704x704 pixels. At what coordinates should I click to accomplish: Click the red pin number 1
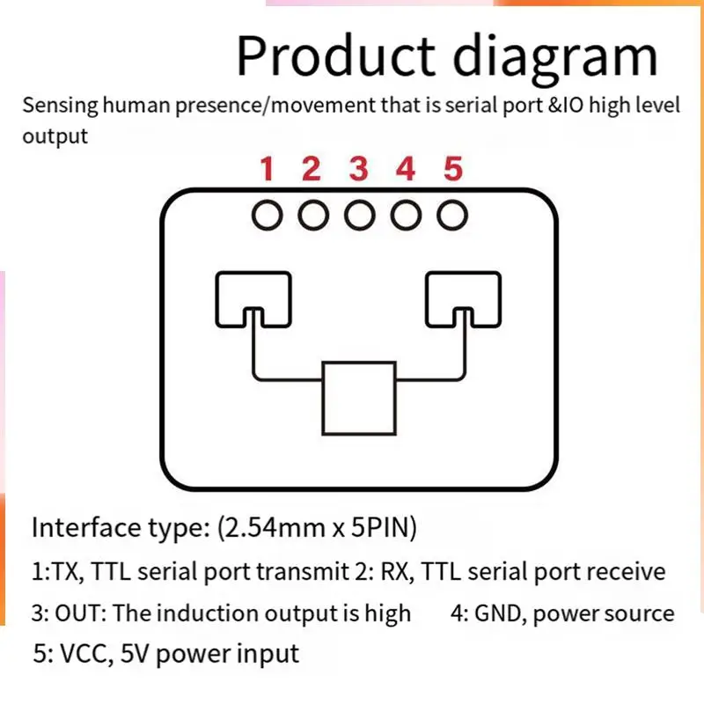268,168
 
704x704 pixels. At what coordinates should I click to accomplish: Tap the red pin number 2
312,168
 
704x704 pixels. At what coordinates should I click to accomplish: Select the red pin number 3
358,168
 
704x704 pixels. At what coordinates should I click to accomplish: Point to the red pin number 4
405,168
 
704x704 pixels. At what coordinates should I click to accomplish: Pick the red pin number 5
452,168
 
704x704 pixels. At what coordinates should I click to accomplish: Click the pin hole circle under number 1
268,215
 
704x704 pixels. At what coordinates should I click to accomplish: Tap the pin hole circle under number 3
359,215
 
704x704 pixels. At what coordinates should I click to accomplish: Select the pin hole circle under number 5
451,215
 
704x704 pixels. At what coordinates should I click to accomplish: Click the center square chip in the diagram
357,398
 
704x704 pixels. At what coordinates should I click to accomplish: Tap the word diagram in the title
554,58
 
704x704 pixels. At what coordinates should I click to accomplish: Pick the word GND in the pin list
500,613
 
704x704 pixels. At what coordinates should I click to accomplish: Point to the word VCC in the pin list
84,654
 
